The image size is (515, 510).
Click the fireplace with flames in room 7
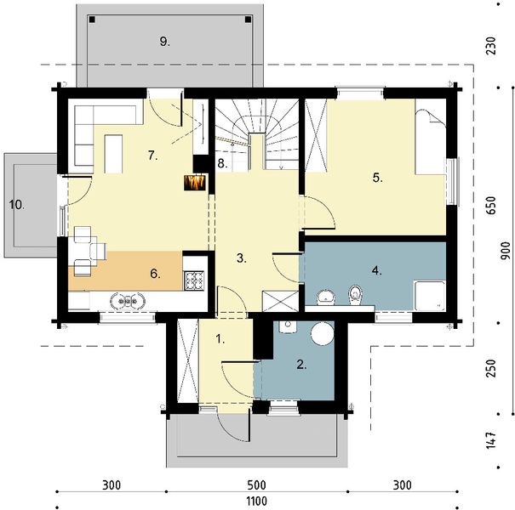(195, 183)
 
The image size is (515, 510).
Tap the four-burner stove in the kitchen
(194, 280)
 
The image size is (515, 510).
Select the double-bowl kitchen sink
(128, 300)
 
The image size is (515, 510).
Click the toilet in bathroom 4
(355, 294)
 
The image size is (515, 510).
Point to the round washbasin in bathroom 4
(326, 297)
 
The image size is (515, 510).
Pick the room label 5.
(378, 178)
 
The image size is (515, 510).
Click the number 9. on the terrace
(165, 42)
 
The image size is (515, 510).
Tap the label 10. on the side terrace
(17, 205)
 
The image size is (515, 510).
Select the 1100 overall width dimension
(256, 501)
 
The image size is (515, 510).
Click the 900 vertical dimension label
(506, 251)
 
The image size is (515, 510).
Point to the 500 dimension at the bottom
(257, 485)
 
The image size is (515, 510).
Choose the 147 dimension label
(490, 440)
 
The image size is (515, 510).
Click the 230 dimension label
(490, 46)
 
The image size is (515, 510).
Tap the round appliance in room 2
(323, 333)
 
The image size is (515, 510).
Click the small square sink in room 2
(288, 326)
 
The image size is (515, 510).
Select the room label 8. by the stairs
(222, 163)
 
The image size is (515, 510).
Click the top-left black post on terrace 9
(92, 20)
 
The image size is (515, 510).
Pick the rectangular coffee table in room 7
(113, 154)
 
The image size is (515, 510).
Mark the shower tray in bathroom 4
(430, 296)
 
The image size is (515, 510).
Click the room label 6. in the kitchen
(156, 273)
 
